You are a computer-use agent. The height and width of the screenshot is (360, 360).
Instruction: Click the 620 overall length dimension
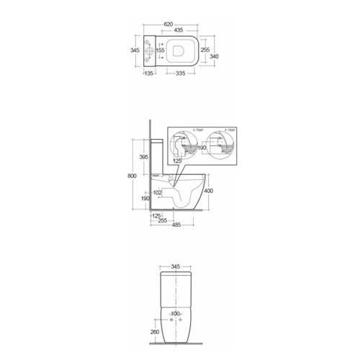170,24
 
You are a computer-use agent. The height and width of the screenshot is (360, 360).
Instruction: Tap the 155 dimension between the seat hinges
160,50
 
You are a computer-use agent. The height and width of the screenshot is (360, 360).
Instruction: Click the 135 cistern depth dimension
150,73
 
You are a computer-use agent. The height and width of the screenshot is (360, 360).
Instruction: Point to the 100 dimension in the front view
176,314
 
